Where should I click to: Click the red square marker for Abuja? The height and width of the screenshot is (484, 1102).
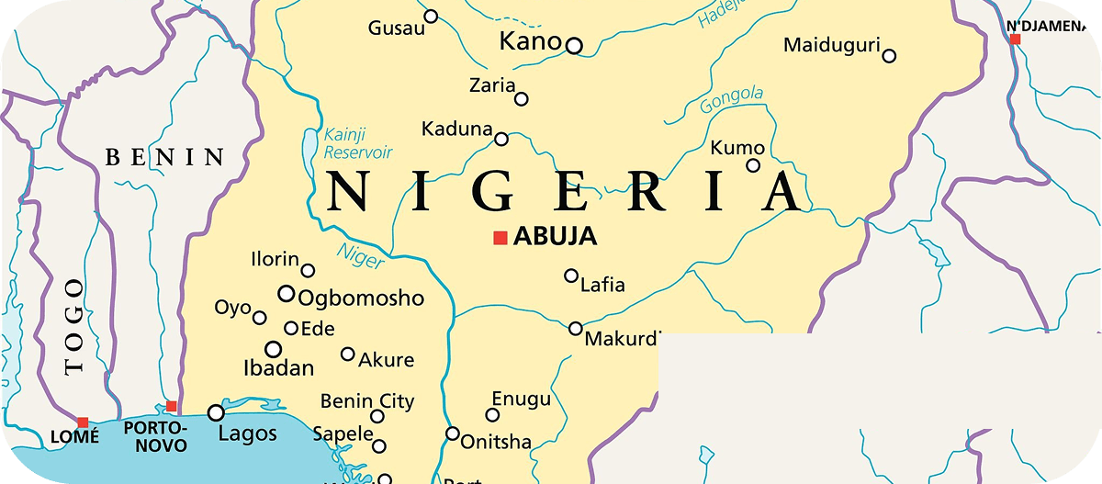pos(500,238)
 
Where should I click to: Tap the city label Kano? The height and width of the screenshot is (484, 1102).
pos(529,41)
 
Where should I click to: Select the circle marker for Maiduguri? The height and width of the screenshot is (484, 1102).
pos(889,56)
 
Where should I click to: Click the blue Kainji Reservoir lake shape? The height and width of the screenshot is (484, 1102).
pos(309,145)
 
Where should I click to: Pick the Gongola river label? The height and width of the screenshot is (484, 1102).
pos(732,99)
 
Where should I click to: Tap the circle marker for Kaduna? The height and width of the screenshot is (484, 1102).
pos(501,140)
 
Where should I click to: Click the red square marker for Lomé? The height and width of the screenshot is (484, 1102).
pos(83,422)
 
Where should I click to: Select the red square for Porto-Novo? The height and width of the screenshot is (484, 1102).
pos(171,406)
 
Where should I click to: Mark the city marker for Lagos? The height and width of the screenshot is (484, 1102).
pos(217,413)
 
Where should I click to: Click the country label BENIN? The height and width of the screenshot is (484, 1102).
pos(165,158)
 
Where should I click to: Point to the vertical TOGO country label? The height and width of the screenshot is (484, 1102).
pos(74,327)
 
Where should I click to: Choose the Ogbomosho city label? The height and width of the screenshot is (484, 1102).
pos(362,298)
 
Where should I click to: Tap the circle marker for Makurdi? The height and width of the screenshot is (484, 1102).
pos(576,328)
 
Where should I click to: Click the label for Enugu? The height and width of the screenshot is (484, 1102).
pos(522,399)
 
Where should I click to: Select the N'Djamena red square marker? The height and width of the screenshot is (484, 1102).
pos(1015,39)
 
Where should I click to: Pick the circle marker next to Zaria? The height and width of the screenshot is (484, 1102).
pos(522,99)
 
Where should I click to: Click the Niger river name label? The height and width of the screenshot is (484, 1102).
pos(360,256)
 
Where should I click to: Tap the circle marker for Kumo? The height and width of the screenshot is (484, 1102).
pos(753,165)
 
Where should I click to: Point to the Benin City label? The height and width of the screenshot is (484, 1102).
pos(367,401)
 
